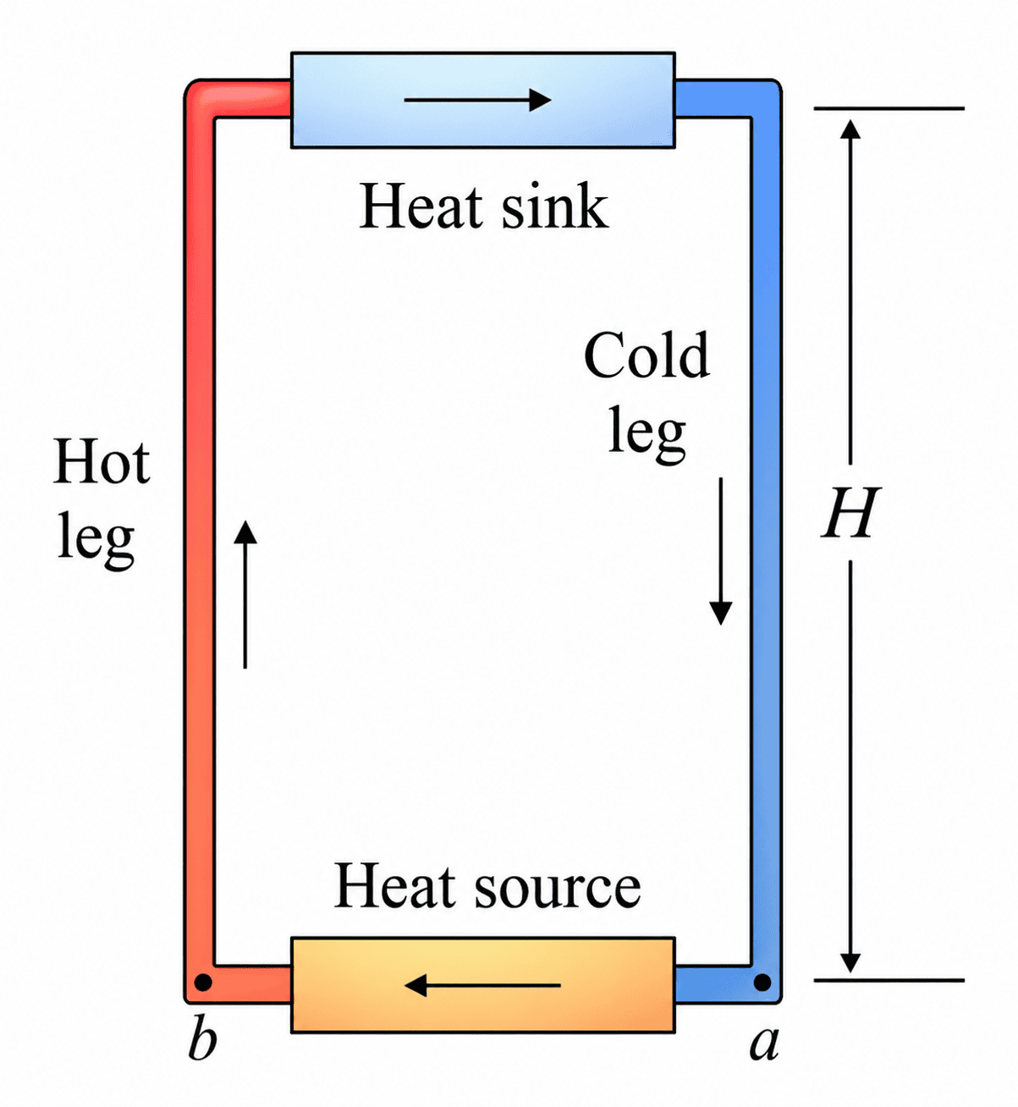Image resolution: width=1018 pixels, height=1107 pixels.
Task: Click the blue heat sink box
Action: [x=483, y=100]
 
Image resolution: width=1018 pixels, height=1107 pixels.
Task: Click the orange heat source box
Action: [x=483, y=985]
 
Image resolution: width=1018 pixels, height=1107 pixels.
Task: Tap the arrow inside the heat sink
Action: [x=478, y=100]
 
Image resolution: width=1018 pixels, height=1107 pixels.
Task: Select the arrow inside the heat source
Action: [x=483, y=985]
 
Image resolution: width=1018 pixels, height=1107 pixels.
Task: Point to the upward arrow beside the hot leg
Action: [x=245, y=594]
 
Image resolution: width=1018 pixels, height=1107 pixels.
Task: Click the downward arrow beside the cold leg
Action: [x=721, y=551]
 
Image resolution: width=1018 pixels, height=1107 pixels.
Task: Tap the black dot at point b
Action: [x=203, y=983]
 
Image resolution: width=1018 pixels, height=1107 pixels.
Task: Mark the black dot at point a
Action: [x=762, y=983]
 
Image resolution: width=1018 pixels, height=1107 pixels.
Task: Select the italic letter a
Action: [x=764, y=1044]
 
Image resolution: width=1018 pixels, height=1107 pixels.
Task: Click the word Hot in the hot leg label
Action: [x=102, y=461]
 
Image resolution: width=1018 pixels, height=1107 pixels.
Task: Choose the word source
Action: [x=558, y=888]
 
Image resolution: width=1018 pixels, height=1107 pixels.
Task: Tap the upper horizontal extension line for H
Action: [x=889, y=108]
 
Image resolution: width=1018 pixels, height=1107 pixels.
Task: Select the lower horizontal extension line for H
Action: [x=889, y=981]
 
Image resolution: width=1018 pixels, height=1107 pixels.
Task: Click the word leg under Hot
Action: [x=96, y=540]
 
